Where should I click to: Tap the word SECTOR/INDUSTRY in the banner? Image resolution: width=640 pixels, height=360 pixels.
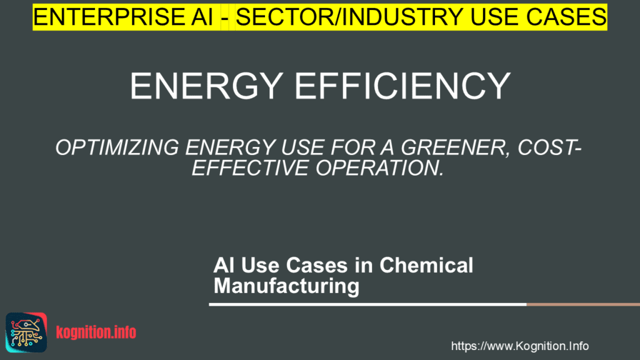click(349, 17)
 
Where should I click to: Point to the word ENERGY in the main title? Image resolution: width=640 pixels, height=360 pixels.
click(206, 86)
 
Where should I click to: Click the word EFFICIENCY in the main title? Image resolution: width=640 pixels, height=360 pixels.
click(402, 86)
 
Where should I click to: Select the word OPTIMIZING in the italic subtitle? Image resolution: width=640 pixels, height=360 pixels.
click(117, 147)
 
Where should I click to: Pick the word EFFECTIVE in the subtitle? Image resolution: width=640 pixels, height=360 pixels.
click(250, 167)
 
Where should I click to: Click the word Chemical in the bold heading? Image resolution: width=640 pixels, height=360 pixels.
click(426, 265)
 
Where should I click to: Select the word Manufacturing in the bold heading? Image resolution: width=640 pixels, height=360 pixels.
click(286, 286)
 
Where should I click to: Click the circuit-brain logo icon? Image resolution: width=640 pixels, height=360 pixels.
click(26, 332)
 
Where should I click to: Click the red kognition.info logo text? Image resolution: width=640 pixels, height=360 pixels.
click(96, 332)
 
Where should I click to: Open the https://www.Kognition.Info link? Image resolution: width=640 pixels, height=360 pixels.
click(519, 346)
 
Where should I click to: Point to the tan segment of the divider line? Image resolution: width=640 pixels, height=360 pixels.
click(583, 304)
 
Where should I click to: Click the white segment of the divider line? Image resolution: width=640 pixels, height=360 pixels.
click(367, 304)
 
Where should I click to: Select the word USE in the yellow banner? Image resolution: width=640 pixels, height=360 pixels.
click(494, 17)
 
